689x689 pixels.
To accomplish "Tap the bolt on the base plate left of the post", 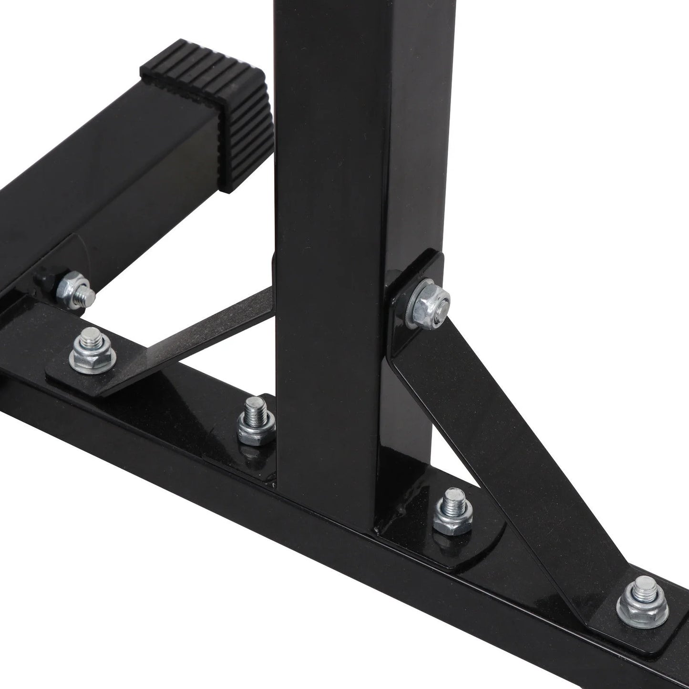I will [x=256, y=420].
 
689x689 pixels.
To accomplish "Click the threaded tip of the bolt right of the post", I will [x=451, y=498].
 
